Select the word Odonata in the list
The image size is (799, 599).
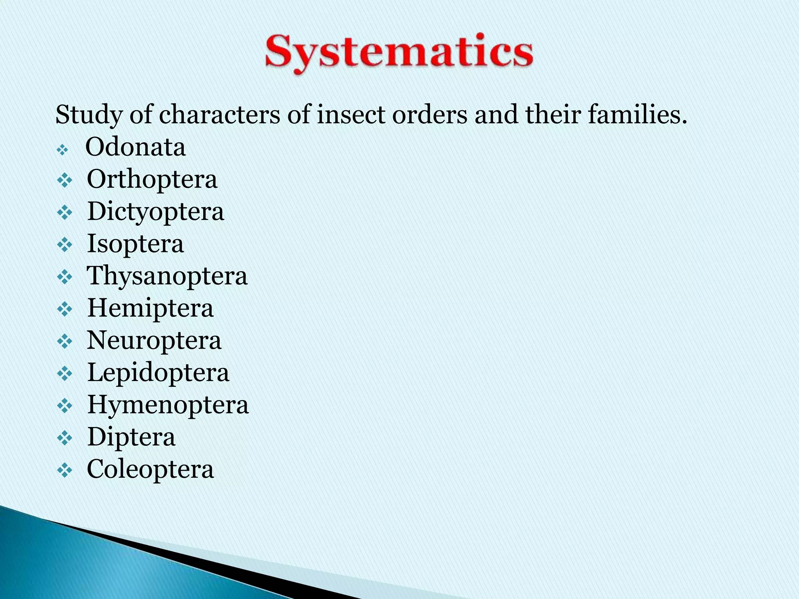tap(135, 147)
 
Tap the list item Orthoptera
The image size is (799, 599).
tap(152, 180)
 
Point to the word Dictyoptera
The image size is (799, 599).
tap(155, 212)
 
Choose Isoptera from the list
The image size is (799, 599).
tap(135, 244)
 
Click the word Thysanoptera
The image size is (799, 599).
tap(167, 276)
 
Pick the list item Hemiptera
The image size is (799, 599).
tap(150, 308)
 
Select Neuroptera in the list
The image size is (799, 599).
tap(154, 340)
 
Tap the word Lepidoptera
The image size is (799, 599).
tap(158, 372)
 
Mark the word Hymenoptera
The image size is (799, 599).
tap(168, 404)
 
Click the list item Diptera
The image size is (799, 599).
tap(131, 437)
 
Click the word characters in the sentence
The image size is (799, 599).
tap(219, 115)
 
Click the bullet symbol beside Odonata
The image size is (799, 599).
tap(62, 150)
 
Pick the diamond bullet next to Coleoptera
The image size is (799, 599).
tap(65, 471)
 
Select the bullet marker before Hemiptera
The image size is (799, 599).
tap(65, 310)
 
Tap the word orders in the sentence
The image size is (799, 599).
tap(430, 115)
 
